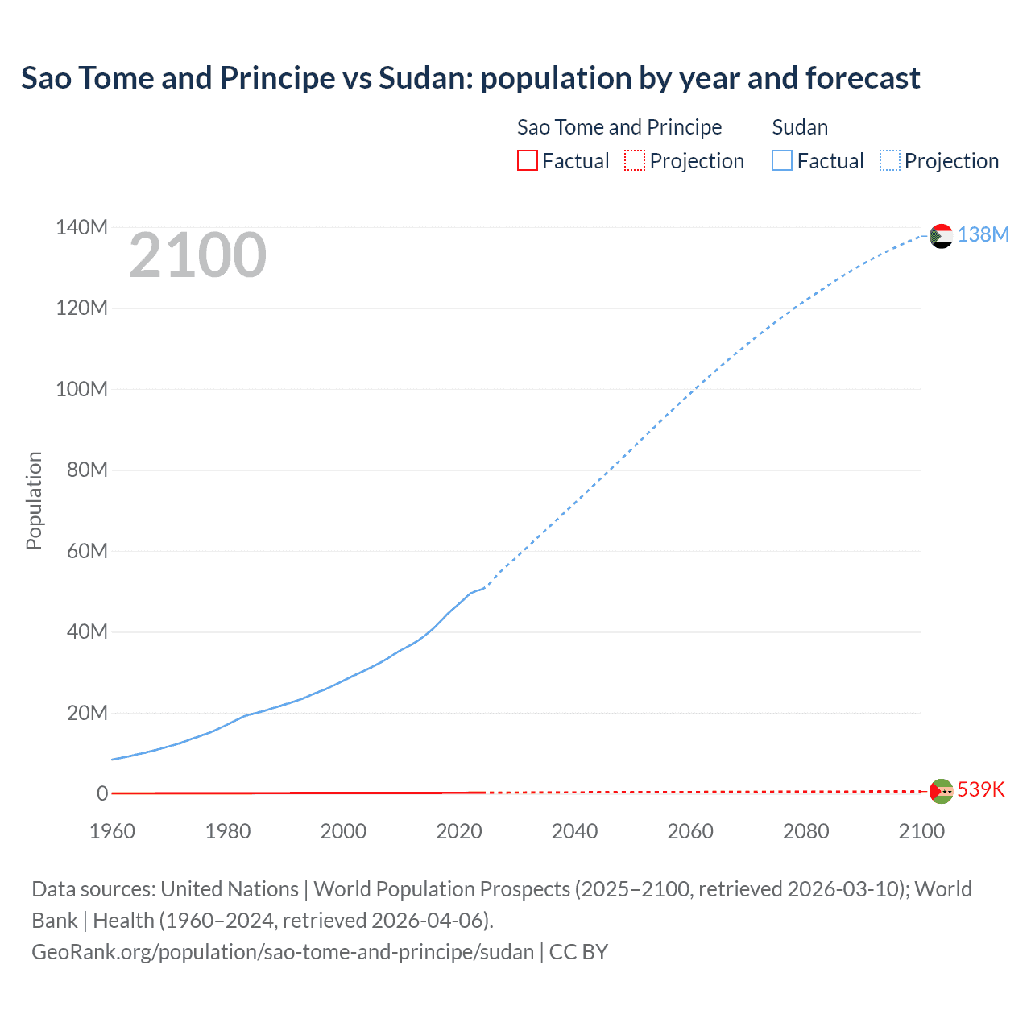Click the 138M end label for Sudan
(983, 234)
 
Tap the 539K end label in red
(981, 789)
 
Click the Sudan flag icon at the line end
(941, 236)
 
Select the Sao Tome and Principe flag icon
(941, 791)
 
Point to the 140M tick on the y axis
(81, 228)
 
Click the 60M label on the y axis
(87, 552)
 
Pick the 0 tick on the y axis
(102, 794)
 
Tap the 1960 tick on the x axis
(112, 831)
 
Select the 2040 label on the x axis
(574, 831)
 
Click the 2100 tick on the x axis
(921, 831)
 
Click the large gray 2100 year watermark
(197, 255)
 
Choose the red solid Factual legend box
(527, 161)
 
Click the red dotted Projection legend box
(635, 161)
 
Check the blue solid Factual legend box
(781, 161)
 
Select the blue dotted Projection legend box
(889, 161)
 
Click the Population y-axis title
(34, 500)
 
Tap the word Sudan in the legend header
(800, 127)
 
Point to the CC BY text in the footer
(578, 952)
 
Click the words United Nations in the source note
(230, 889)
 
